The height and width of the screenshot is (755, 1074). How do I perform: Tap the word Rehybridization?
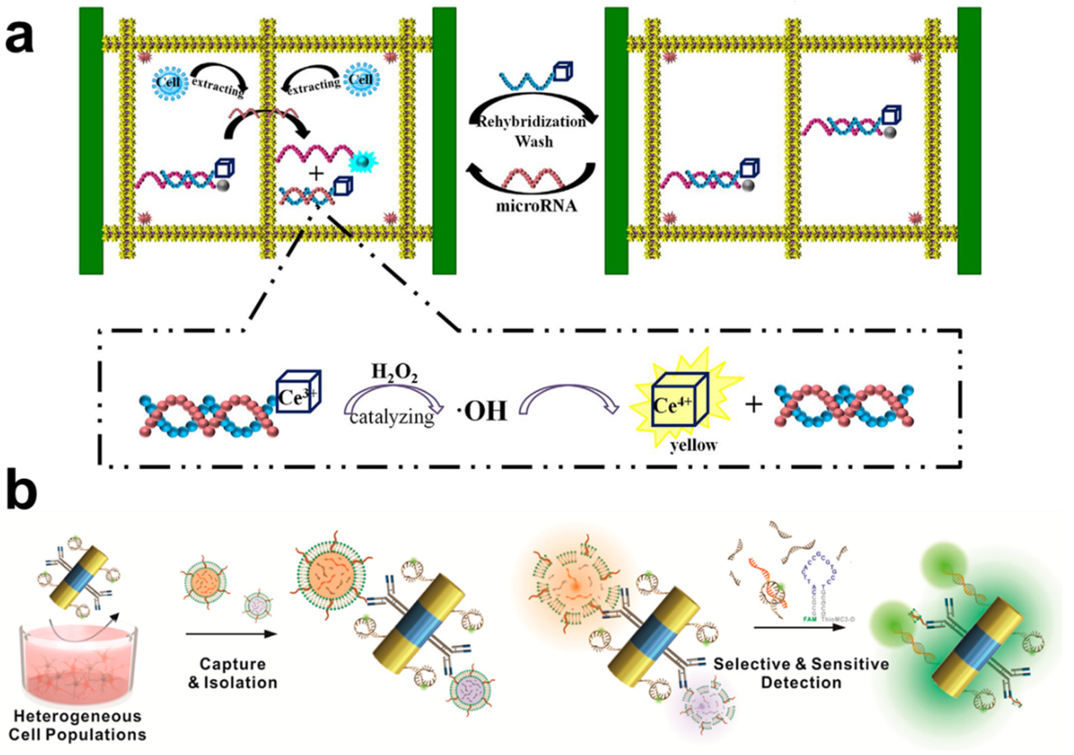coord(531,122)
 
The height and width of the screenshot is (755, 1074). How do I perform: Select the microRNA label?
coord(536,206)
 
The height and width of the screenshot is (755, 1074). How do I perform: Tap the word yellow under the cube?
coord(694,445)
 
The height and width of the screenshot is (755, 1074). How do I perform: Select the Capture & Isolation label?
coord(233,673)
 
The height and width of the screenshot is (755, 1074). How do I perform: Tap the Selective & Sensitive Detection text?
coord(801,673)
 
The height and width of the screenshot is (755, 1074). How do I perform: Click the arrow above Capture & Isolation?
coord(232,634)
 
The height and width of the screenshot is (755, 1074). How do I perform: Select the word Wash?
coord(534,141)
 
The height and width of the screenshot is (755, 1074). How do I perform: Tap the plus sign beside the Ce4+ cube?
coord(754,405)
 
